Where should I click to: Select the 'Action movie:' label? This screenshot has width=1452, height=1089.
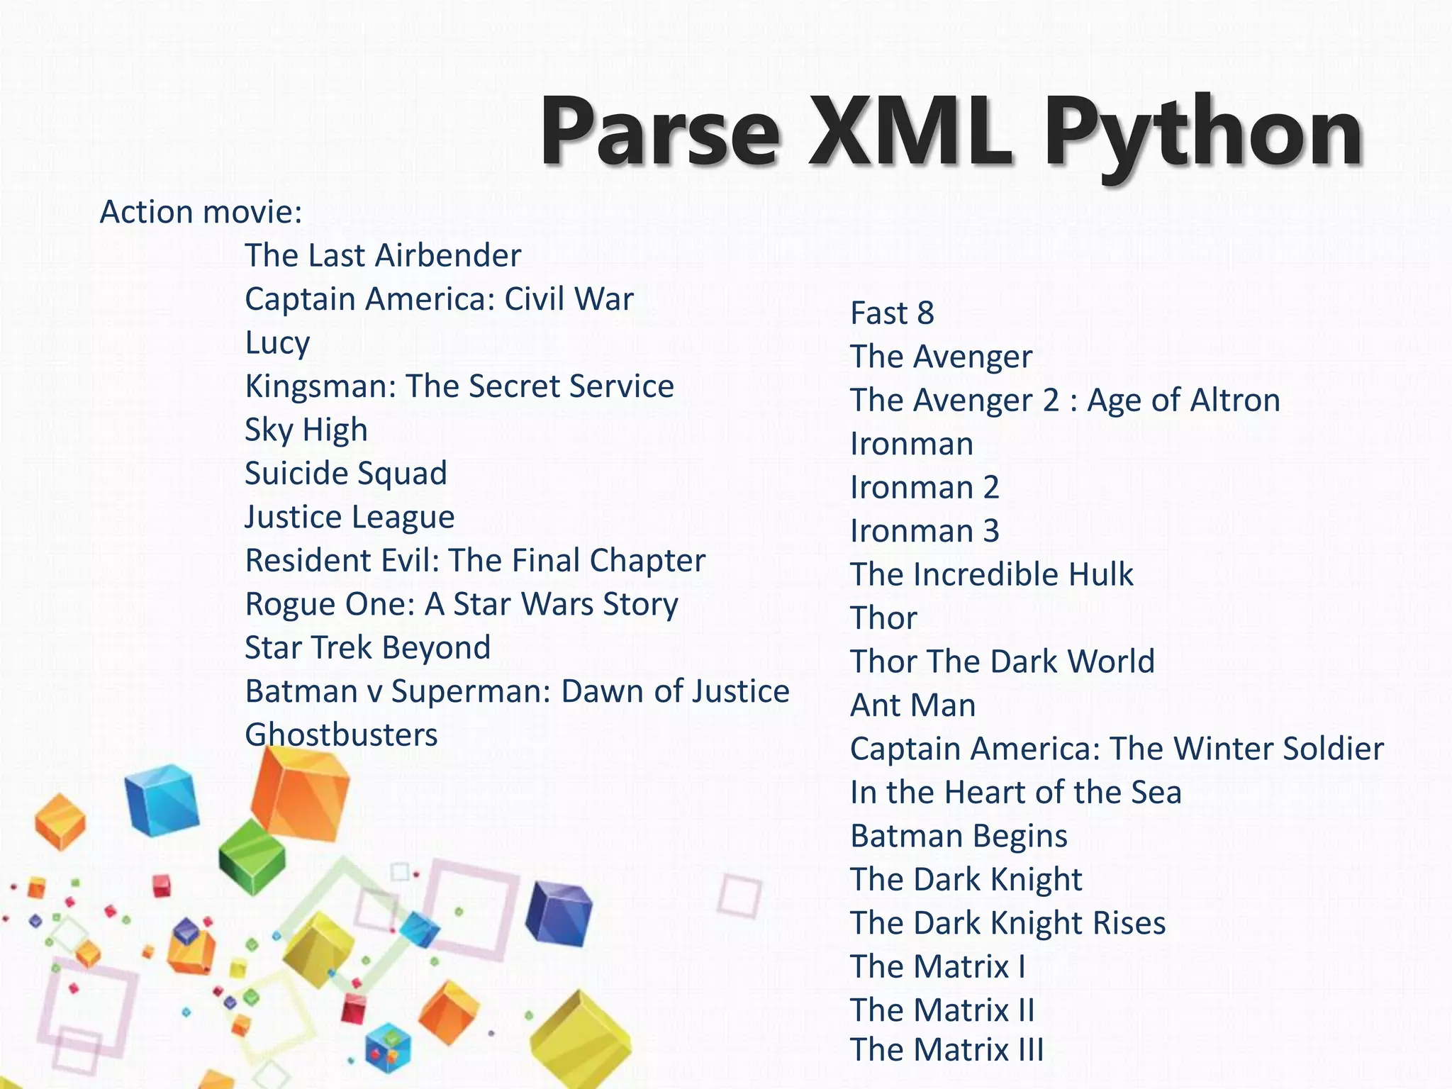[x=201, y=212]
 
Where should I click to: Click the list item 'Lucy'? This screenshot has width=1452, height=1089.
[x=277, y=343]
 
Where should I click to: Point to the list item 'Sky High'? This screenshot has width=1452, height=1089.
[x=306, y=430]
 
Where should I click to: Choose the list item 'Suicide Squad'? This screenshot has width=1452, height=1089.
[x=346, y=474]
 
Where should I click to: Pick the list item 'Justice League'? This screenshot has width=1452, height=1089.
[x=350, y=518]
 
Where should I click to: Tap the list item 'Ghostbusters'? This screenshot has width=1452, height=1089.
[x=341, y=735]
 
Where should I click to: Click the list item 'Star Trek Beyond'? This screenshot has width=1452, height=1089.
[x=367, y=648]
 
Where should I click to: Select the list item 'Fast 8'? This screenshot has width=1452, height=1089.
[x=892, y=313]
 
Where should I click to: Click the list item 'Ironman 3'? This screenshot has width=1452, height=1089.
[x=925, y=531]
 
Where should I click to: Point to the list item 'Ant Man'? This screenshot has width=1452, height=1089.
[x=913, y=705]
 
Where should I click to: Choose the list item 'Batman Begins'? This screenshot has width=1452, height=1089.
[x=959, y=837]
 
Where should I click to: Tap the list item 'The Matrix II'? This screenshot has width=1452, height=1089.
[x=942, y=1010]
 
